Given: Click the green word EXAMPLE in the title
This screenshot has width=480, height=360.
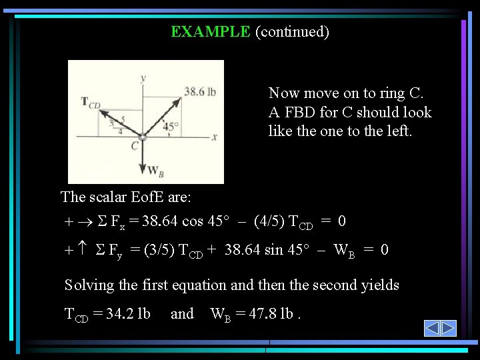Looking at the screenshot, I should tap(210, 31).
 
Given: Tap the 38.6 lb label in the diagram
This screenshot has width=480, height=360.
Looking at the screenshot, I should tap(200, 91).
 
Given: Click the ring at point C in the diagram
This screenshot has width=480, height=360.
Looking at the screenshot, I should tap(143, 137).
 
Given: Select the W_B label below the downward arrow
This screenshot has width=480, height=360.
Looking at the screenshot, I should tap(155, 171).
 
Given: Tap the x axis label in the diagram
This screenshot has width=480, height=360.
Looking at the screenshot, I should tap(215, 137).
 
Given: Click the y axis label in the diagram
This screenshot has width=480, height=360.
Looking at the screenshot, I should tap(143, 78).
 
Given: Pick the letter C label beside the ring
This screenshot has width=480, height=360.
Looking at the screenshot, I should tap(135, 146).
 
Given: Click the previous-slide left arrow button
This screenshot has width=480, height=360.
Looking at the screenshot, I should tap(432, 328).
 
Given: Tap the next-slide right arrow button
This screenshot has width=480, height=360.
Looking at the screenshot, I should tap(448, 328).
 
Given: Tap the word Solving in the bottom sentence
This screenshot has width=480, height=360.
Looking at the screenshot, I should tap(89, 285).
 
